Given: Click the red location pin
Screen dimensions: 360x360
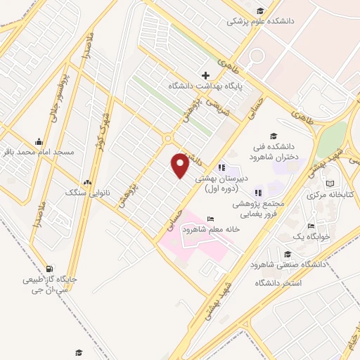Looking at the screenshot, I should (x=180, y=165).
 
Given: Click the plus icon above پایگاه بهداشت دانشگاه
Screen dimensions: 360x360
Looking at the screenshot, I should (x=205, y=75).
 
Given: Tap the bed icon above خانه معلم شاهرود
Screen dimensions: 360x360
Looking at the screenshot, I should (x=210, y=219).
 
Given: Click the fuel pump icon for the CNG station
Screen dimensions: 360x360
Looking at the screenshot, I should (x=48, y=269).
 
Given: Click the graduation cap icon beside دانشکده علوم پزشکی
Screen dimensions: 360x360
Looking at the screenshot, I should (x=260, y=11).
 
